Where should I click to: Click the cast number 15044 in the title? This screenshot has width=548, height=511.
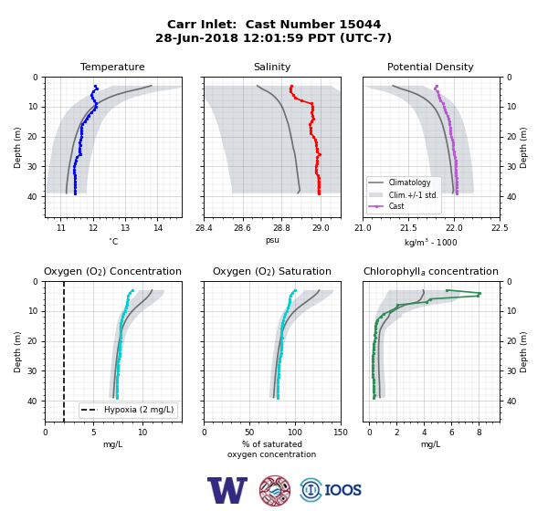point(360,25)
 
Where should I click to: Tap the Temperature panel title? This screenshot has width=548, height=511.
point(112,67)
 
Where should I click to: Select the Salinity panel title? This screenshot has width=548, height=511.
point(272,67)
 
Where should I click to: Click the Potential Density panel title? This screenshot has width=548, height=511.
point(430,67)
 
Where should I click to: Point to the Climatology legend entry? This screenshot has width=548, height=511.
point(409,182)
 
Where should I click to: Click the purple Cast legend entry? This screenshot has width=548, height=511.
point(396,206)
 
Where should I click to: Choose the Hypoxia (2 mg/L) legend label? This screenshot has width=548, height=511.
point(139,410)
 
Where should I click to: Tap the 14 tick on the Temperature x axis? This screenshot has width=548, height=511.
point(158,228)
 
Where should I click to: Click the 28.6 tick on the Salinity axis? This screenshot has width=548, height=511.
point(243,228)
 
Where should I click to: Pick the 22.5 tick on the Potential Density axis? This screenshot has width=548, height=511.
point(500,228)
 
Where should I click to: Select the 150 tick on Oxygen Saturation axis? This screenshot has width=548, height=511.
point(341,433)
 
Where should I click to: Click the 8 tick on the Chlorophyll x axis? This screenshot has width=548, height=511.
point(479,433)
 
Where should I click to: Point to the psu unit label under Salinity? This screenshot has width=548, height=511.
point(272,240)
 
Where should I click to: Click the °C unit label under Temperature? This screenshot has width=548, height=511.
point(113,241)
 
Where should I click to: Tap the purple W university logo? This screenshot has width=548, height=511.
point(227,490)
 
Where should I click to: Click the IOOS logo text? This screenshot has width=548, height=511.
point(342,490)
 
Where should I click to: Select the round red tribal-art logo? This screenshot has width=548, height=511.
point(275,490)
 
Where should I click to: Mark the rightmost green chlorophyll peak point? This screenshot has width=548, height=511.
point(479,293)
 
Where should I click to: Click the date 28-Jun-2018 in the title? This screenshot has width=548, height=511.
point(196,37)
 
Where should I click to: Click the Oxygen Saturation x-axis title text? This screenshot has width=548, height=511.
point(272,449)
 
